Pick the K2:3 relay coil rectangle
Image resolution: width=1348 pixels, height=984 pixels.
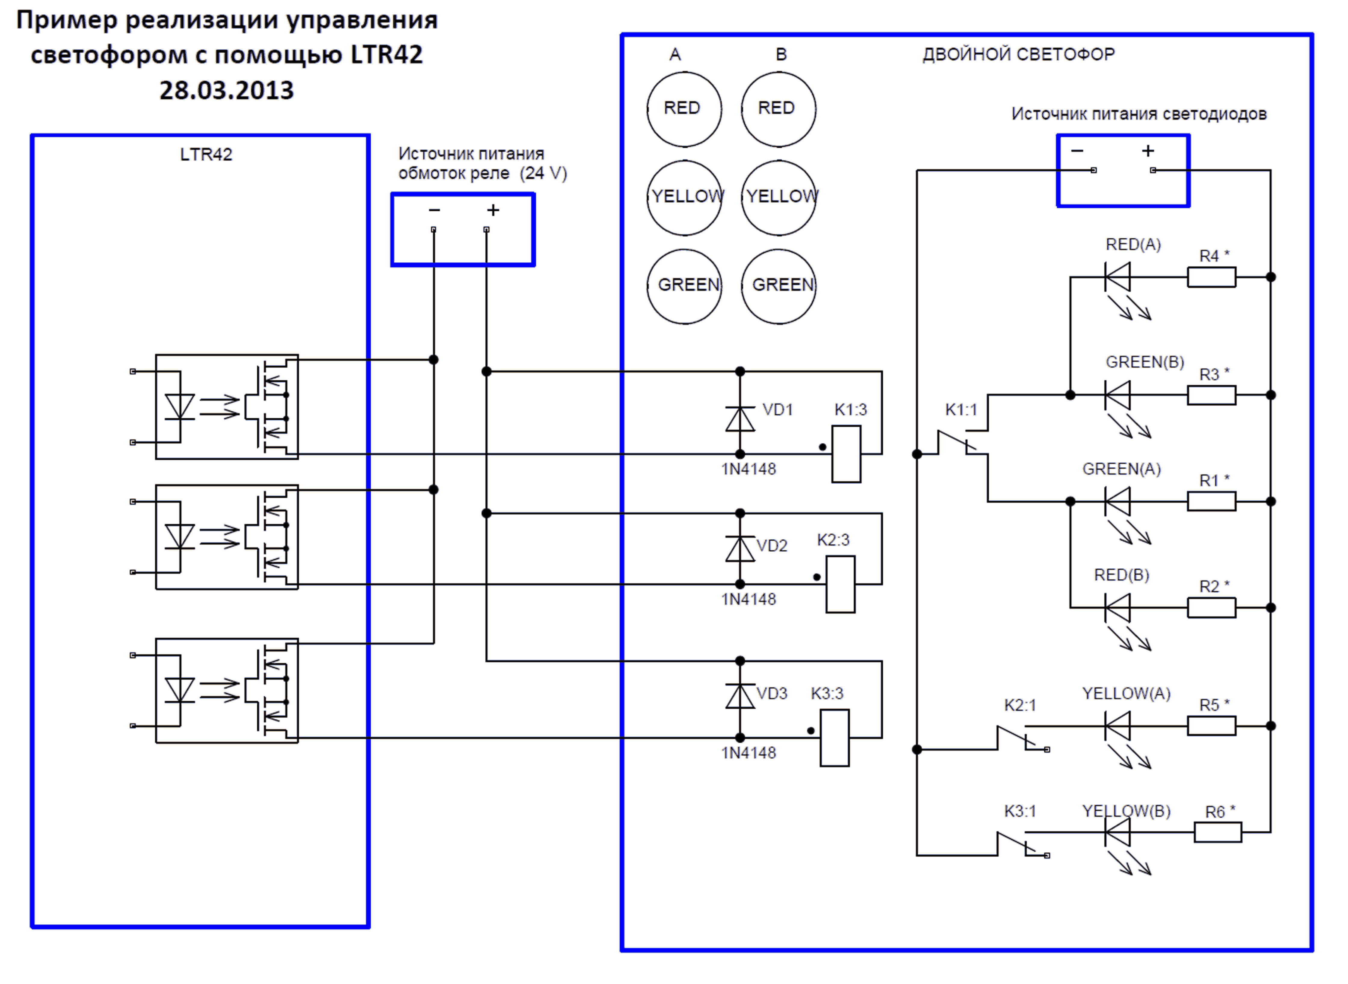click(x=840, y=584)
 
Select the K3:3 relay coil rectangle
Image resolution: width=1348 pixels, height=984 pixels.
click(x=835, y=738)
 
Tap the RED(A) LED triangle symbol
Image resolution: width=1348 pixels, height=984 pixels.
click(x=1118, y=277)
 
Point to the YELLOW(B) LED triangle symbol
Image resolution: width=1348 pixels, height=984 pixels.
click(x=1118, y=832)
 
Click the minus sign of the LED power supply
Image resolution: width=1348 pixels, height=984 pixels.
click(x=1077, y=151)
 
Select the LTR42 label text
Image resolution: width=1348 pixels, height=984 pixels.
click(x=206, y=154)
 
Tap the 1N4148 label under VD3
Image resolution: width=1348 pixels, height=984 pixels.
click(x=749, y=753)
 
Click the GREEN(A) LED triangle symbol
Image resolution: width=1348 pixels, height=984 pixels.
click(x=1118, y=502)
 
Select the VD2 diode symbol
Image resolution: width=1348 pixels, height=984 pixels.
click(x=740, y=549)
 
